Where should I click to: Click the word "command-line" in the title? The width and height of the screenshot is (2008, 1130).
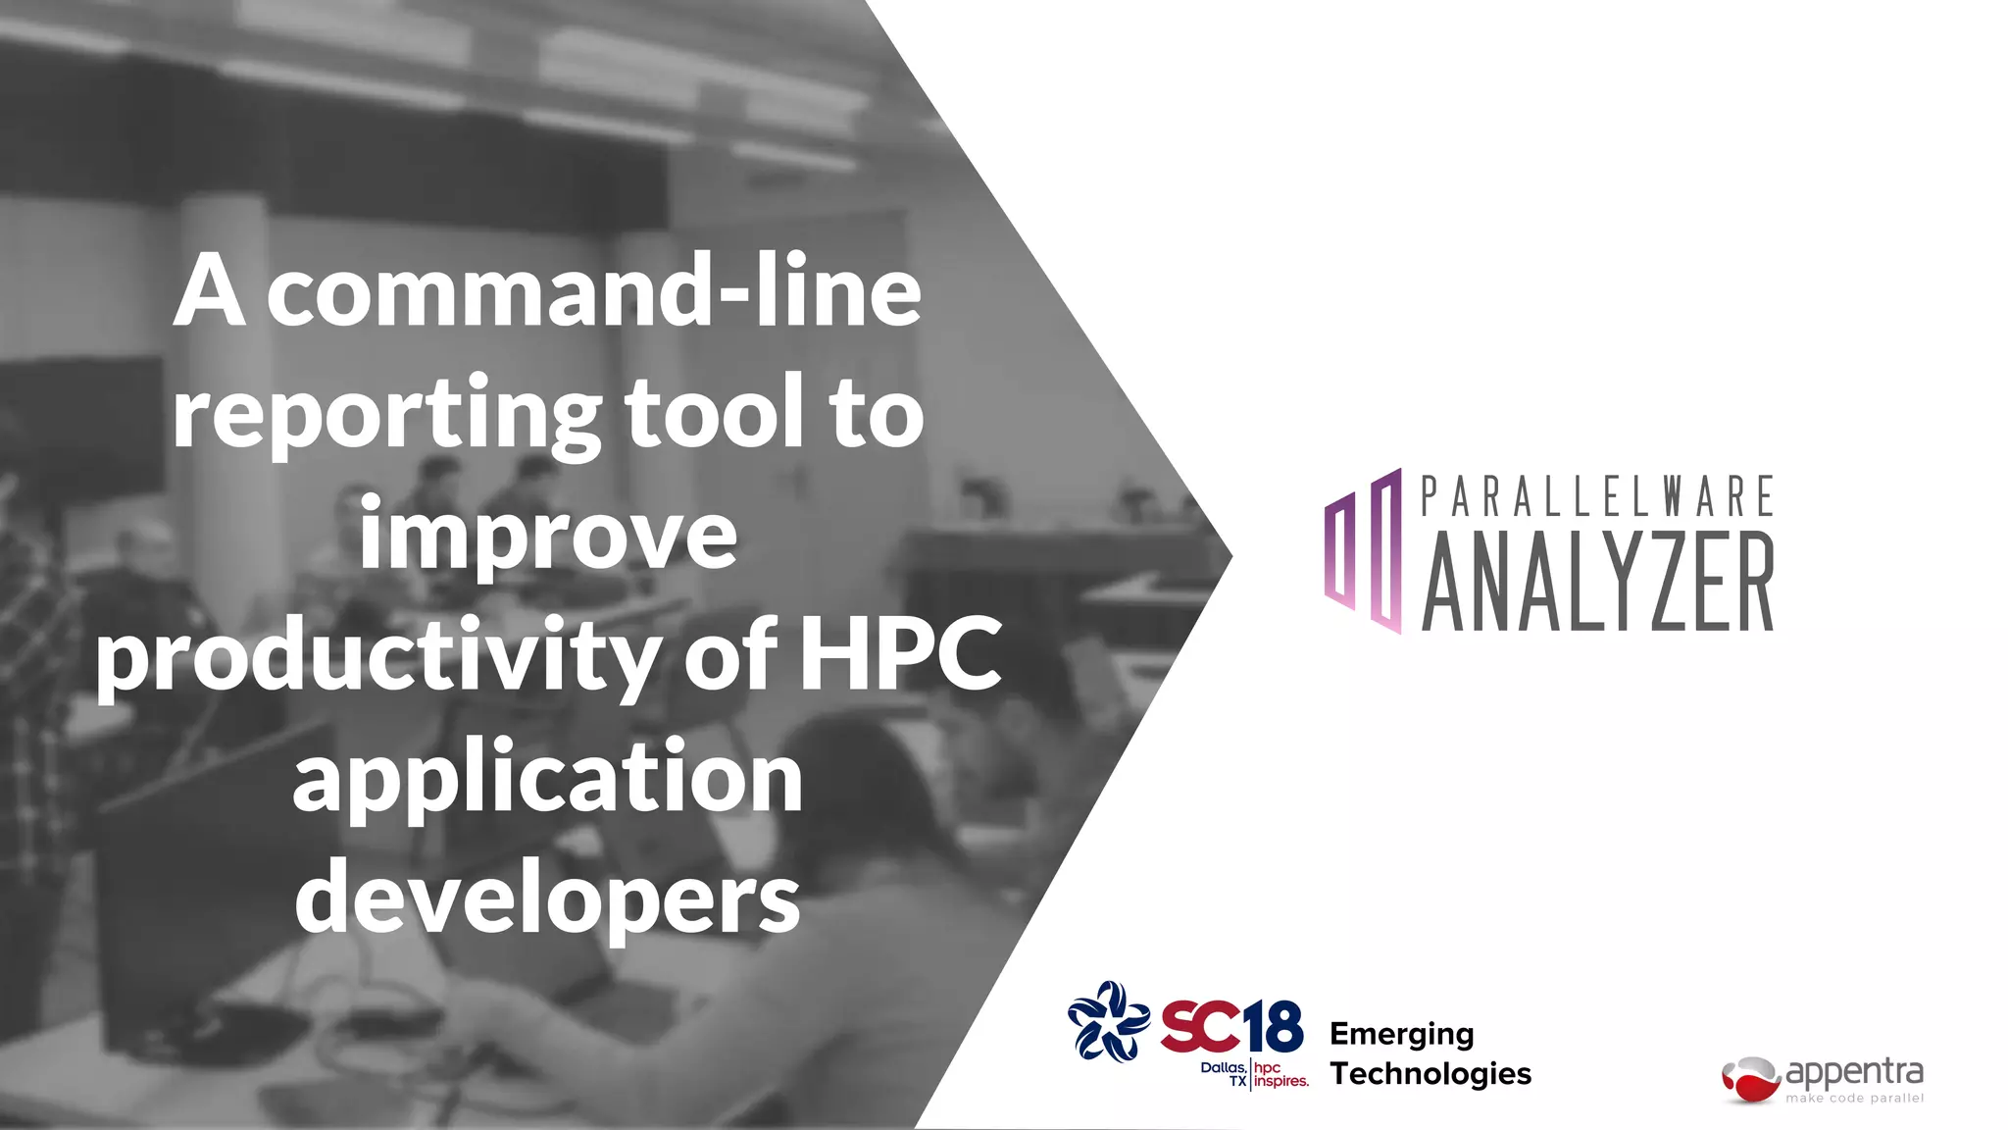tap(594, 291)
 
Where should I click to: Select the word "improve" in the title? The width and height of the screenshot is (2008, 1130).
tap(548, 535)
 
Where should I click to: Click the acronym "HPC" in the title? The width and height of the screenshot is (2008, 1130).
tap(901, 653)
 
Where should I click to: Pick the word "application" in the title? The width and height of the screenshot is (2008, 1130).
tap(548, 777)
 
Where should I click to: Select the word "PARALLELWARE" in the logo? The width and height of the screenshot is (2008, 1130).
tap(1597, 496)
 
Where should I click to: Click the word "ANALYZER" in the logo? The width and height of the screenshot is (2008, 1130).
tap(1597, 583)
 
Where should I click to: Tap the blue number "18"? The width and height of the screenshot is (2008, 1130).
tap(1274, 1027)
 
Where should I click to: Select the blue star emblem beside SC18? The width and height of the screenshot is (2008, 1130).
tap(1108, 1021)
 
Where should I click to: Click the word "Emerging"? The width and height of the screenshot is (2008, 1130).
tap(1401, 1034)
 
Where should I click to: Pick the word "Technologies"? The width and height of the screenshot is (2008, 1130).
tap(1431, 1074)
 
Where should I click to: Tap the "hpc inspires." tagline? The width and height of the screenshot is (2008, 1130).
tap(1280, 1075)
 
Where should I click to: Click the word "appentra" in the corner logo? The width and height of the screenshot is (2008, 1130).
tap(1854, 1072)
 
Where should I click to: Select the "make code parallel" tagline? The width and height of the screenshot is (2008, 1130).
tap(1854, 1099)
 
